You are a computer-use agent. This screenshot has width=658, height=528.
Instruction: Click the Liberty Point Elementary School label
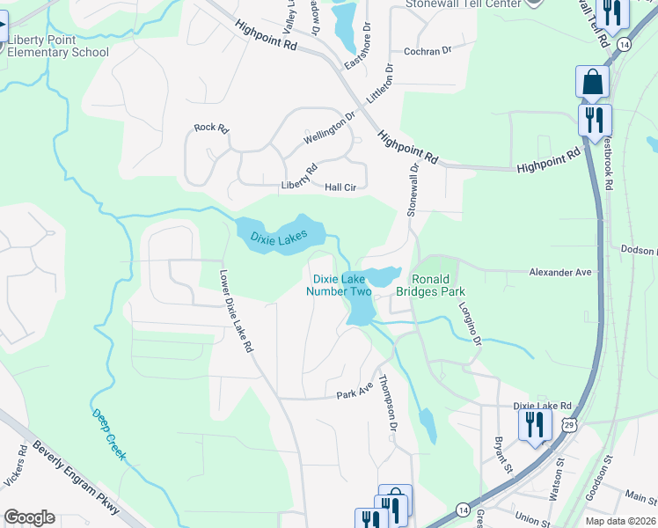tap(58, 46)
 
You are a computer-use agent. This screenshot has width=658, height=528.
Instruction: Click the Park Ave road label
tap(355, 391)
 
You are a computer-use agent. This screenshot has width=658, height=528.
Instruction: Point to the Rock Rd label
tap(211, 128)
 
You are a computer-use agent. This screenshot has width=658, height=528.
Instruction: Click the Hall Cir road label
tap(340, 187)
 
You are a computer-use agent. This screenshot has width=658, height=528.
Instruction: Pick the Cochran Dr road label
tap(427, 51)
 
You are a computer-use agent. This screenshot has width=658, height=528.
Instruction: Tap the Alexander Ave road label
tap(559, 274)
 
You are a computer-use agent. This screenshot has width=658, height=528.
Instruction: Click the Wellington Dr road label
tap(329, 128)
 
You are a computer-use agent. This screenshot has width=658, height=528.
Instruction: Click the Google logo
tap(29, 517)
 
